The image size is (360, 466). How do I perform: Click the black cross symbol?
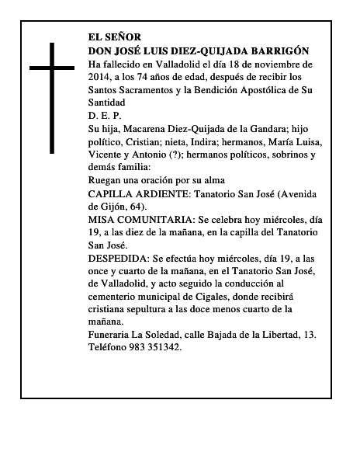pos(52,97)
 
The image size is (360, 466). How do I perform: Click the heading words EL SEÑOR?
pos(115,36)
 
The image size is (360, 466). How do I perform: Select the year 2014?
pos(101,77)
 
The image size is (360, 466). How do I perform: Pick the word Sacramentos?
pos(150,90)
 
